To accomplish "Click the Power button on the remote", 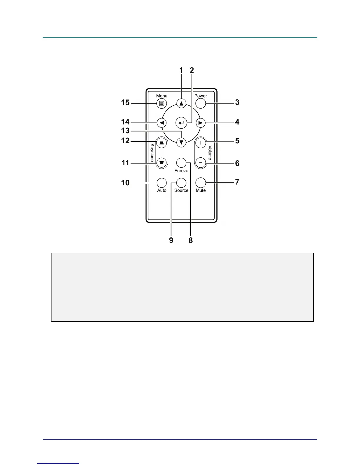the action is [201, 103].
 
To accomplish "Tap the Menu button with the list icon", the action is [161, 103].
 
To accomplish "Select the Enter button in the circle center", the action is [181, 123].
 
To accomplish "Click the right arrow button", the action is [201, 123].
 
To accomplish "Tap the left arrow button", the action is [161, 123].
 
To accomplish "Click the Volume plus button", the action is [201, 143].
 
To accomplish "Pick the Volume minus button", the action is [201, 163].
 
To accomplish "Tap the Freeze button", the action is [181, 163].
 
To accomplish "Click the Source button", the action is [181, 183].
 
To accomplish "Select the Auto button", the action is [161, 183].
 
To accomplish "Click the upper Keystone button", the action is [161, 143].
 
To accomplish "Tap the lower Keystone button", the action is [161, 163].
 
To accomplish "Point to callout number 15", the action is [125, 103].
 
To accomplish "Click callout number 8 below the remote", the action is [191, 240].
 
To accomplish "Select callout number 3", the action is [237, 102].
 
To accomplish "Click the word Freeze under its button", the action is [181, 171].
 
